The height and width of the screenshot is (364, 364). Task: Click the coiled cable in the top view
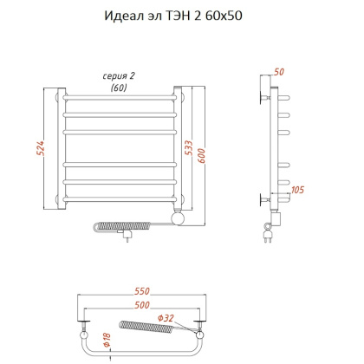coord(146,329)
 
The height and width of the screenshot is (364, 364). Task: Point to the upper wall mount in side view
coord(263,89)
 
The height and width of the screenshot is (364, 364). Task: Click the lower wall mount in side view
coord(263,200)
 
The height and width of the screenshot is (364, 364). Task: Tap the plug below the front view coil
coord(127,234)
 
